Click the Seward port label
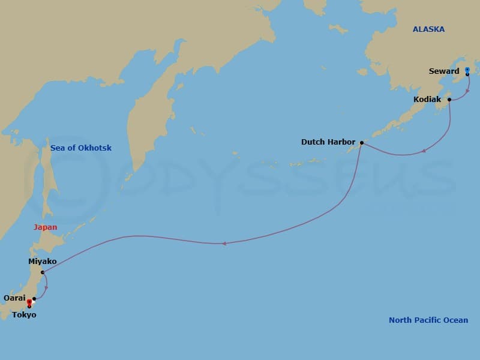point(444,71)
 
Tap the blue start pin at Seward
point(467,70)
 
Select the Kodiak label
point(427,100)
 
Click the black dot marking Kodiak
point(449,100)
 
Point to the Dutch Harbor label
point(328,142)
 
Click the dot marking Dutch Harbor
point(362,143)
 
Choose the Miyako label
point(43,262)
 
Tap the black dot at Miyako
point(43,272)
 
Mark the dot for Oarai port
point(34,298)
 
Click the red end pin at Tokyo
point(29,302)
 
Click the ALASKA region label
point(428,29)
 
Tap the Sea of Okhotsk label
point(81,148)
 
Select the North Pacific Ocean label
point(428,320)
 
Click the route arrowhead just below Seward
point(468,91)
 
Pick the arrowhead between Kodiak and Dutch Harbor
point(424,151)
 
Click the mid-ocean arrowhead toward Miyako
point(224,243)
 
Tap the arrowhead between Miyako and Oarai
point(46,287)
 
